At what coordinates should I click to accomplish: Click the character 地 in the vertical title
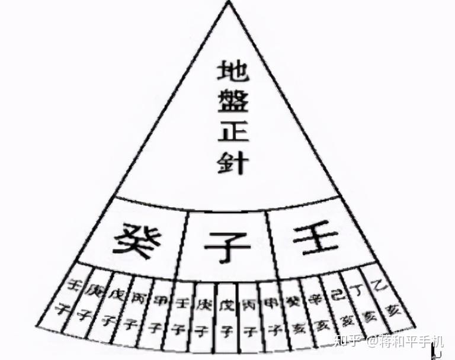click(x=232, y=70)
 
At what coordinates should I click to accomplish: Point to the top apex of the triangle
click(x=228, y=3)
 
